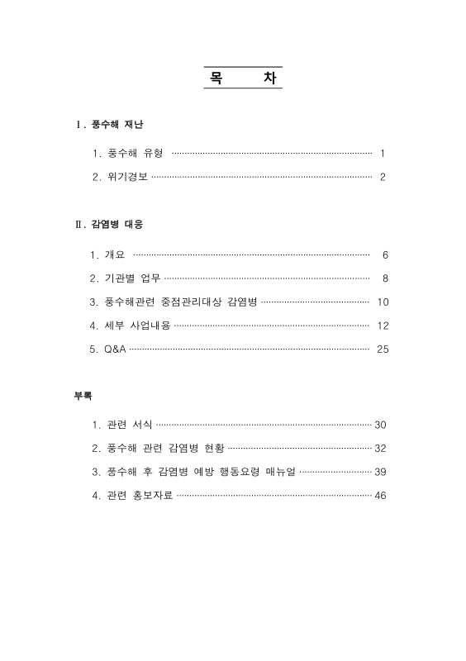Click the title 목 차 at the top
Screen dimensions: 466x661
tap(242, 77)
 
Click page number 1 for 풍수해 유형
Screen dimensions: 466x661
tap(383, 154)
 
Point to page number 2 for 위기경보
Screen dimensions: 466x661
tap(383, 178)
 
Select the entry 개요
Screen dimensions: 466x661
tap(114, 254)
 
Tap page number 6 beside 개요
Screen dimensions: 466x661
tap(385, 254)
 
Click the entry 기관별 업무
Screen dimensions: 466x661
tap(132, 278)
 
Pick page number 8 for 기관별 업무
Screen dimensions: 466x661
tap(385, 278)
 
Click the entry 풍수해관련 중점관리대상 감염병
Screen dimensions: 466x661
tap(178, 302)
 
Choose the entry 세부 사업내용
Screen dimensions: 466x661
tap(136, 326)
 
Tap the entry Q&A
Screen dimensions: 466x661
tap(114, 350)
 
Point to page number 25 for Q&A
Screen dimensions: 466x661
tap(382, 350)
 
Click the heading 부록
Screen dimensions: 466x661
tap(83, 396)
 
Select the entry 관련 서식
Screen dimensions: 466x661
tap(129, 425)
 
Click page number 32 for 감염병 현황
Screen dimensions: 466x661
tap(380, 449)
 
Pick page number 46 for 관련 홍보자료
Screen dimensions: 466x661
tap(380, 496)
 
